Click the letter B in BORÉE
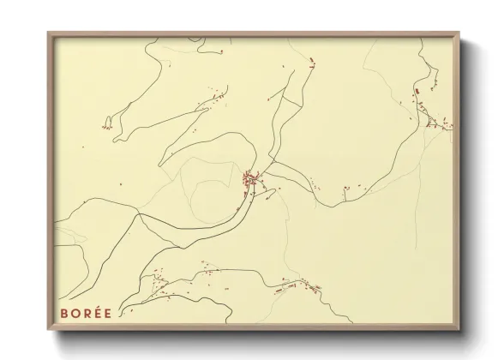pos(63,313)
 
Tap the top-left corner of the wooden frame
pos(49,33)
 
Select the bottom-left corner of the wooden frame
pos(49,330)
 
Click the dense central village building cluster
pos(251,181)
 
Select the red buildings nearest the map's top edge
pos(311,60)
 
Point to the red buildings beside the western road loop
pos(107,126)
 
